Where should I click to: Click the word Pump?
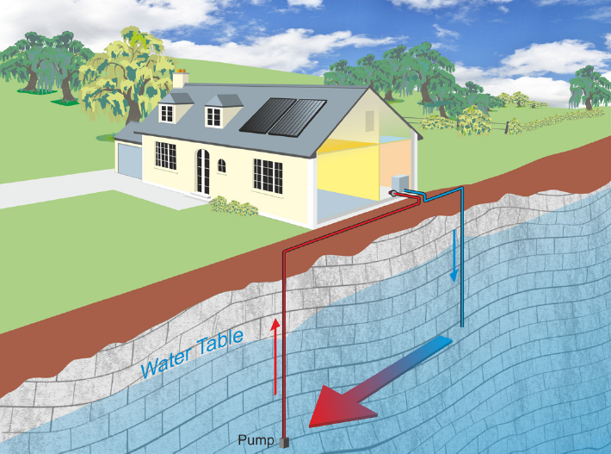(256, 440)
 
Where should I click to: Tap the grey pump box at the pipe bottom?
(285, 442)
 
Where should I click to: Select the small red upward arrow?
(275, 357)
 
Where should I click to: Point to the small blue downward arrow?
(454, 256)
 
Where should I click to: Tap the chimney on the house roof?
(181, 78)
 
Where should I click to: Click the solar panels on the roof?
(283, 116)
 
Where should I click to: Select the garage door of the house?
(130, 161)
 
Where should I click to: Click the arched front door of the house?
(203, 171)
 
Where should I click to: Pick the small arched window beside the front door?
(222, 165)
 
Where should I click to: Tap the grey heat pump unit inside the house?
(400, 183)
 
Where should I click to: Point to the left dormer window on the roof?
(167, 114)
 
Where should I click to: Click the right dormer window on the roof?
(214, 116)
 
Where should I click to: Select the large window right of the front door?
(268, 176)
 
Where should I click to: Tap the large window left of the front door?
(165, 156)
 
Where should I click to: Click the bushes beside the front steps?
(233, 206)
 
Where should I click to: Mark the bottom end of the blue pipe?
(462, 326)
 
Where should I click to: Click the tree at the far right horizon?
(589, 88)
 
